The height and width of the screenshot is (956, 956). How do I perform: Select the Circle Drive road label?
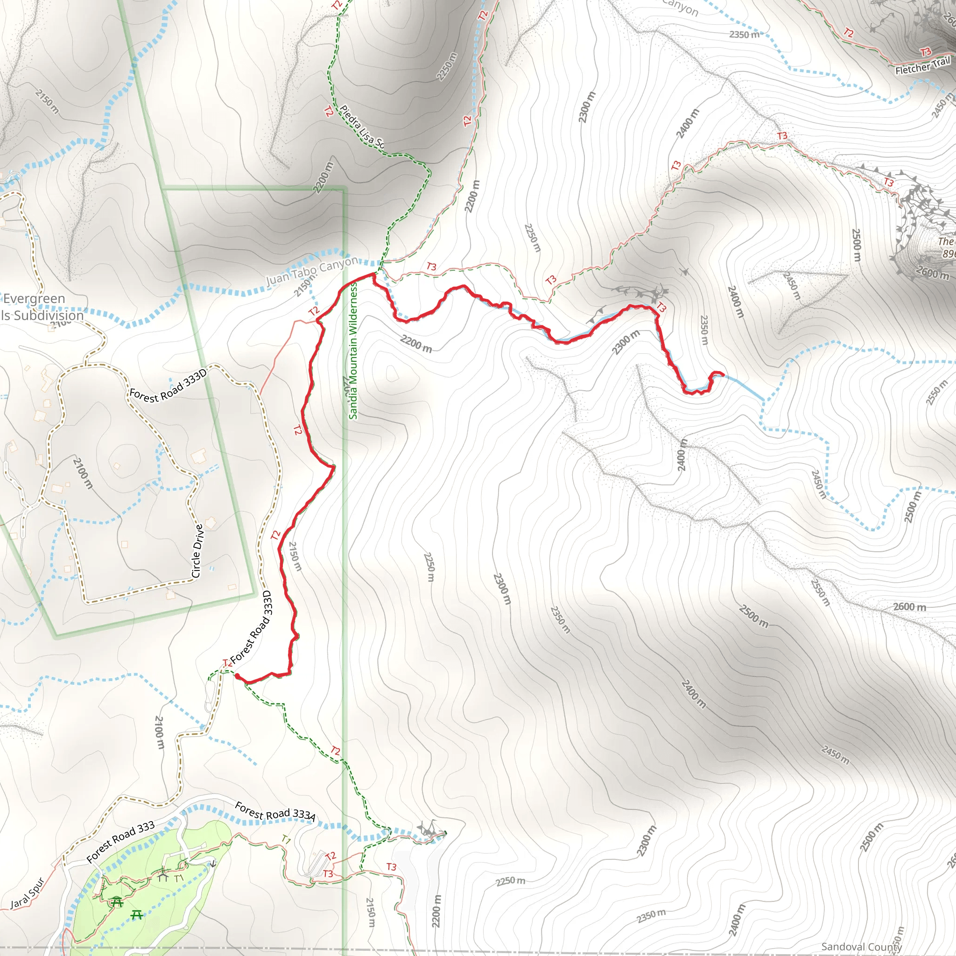pos(197,551)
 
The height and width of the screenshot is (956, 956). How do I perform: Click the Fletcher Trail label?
pos(922,66)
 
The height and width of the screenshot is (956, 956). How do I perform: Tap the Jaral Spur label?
pos(28,893)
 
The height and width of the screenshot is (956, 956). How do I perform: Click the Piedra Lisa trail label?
pos(361,127)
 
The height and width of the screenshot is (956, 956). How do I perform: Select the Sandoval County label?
pos(861,946)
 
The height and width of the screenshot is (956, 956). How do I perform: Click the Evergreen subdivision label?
pos(35,299)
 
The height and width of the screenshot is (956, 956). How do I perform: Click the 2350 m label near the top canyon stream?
pos(744,34)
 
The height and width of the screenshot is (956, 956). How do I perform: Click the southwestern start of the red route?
pos(237,675)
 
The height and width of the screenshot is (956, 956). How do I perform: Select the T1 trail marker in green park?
pos(179,879)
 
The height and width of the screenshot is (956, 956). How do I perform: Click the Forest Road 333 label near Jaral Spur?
pos(120,842)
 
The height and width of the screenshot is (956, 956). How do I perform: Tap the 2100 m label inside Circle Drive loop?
pos(83,473)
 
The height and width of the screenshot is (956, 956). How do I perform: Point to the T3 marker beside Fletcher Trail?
pos(925,52)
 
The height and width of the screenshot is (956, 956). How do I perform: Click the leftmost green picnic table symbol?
pos(117,901)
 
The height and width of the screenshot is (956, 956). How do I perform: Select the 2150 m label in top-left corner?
pos(48,101)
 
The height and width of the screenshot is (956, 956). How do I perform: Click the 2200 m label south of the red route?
pos(415,344)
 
